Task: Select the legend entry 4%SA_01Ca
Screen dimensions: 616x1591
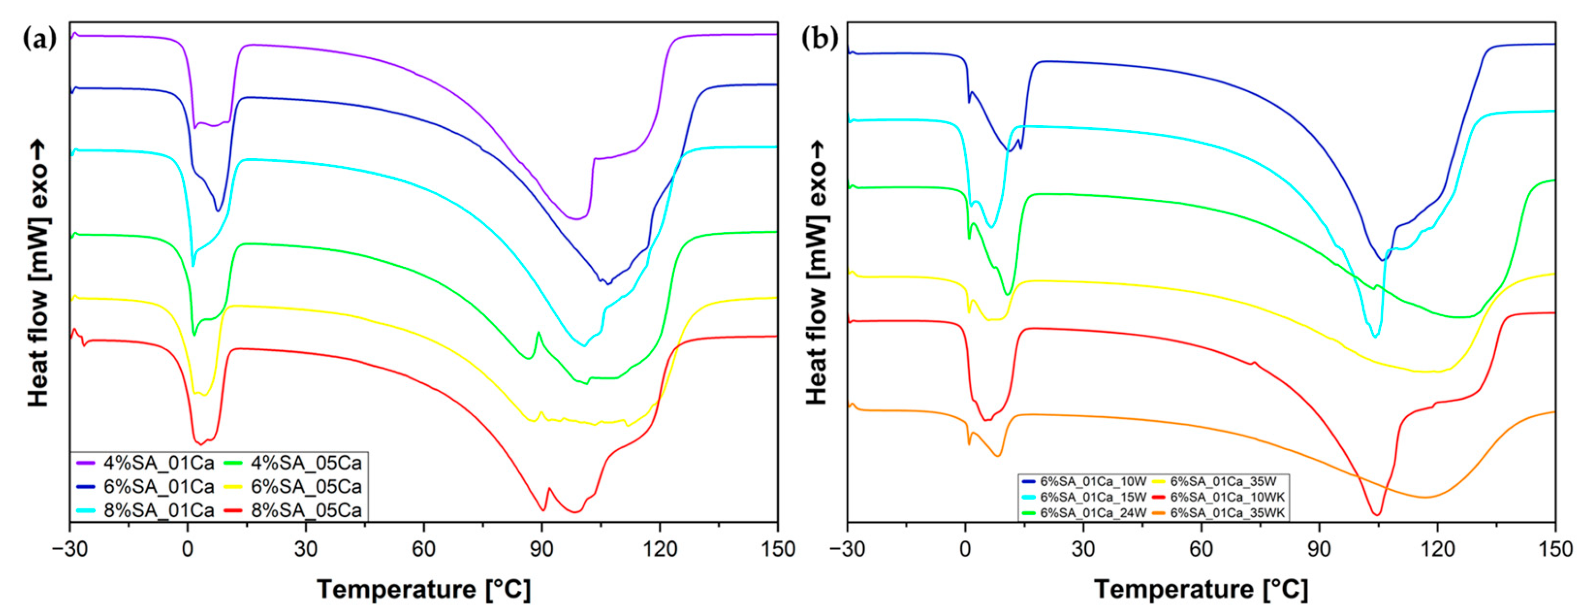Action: [x=158, y=463]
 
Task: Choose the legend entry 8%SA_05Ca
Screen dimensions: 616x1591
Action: [x=306, y=510]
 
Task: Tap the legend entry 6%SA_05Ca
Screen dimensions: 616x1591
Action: [x=306, y=487]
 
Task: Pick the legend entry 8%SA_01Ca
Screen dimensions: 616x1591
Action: [x=158, y=510]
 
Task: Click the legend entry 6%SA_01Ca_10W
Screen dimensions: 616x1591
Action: [x=1092, y=481]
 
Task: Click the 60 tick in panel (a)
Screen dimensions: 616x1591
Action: [x=424, y=548]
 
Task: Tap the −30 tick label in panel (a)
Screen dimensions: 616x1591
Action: [x=69, y=548]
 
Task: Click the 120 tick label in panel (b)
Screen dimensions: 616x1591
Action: [x=1436, y=548]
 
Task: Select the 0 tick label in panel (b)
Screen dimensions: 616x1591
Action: [x=965, y=548]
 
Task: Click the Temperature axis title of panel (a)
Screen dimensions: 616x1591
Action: [x=424, y=589]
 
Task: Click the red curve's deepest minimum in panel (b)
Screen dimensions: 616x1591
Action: [x=1377, y=514]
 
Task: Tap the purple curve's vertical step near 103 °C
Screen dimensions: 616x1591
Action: [x=592, y=185]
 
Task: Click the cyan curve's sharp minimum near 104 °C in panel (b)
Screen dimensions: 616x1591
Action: [x=1375, y=336]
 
